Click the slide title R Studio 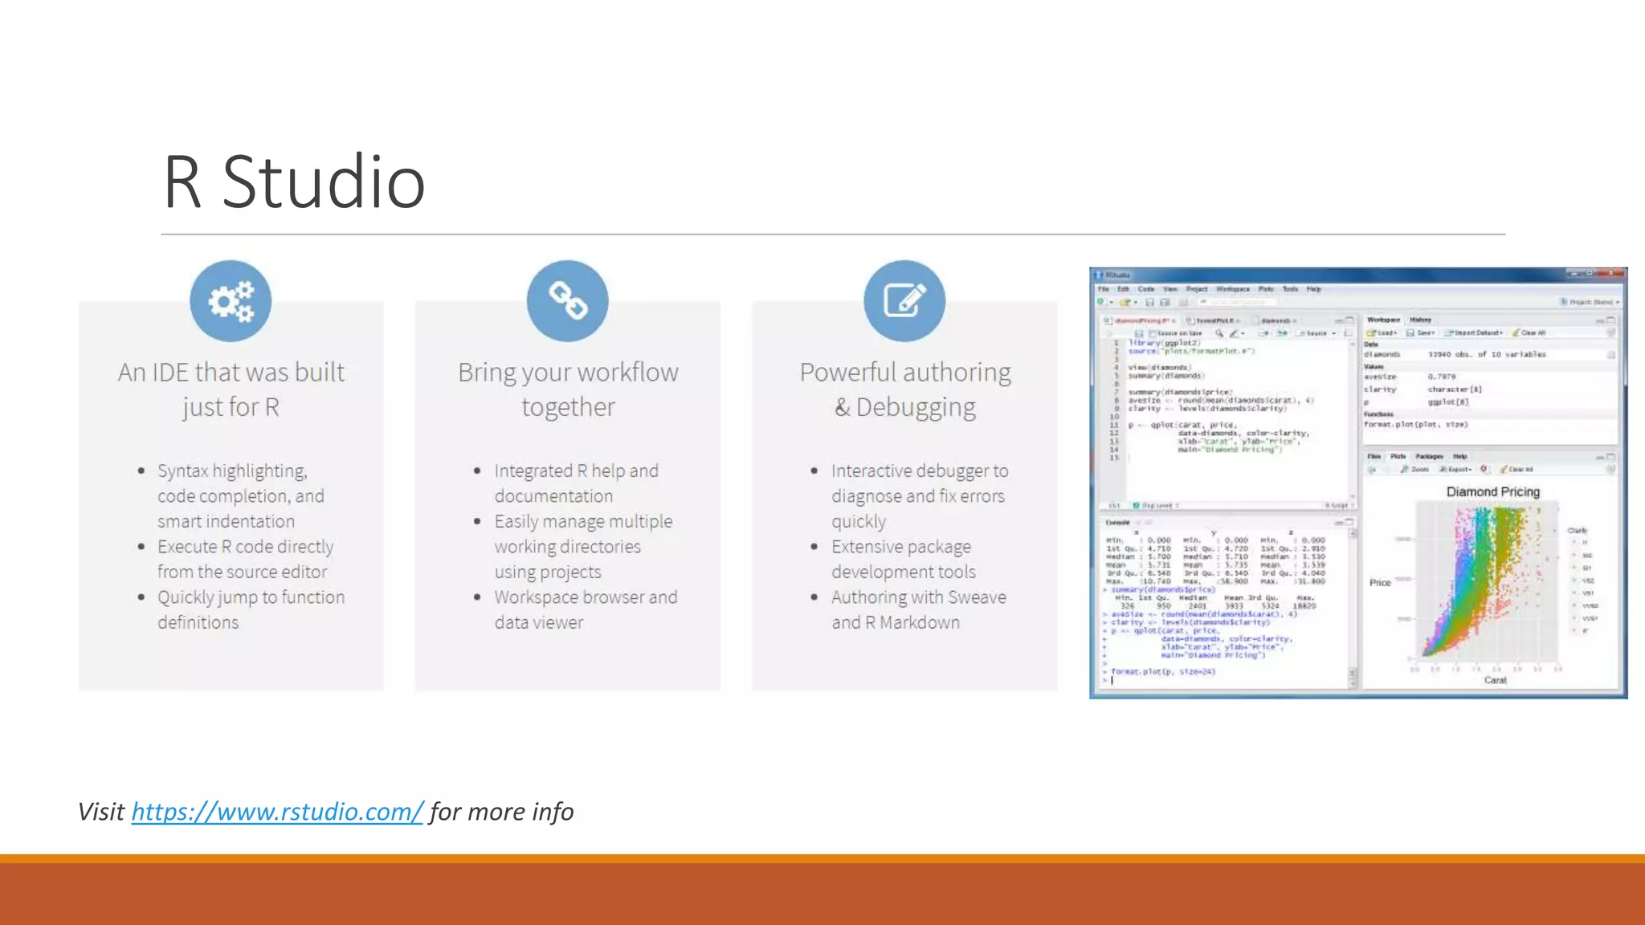(x=294, y=182)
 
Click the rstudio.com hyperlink (x=276, y=812)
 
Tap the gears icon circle (x=231, y=301)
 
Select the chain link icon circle (x=568, y=301)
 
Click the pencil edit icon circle (x=904, y=301)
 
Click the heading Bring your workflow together (x=568, y=389)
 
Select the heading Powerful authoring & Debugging (x=905, y=389)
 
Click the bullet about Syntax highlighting (x=240, y=495)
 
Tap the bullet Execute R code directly (x=244, y=559)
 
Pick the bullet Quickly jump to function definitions (x=250, y=609)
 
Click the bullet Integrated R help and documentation (x=575, y=483)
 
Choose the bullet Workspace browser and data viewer (x=585, y=609)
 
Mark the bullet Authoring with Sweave (x=917, y=609)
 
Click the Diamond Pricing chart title (x=1492, y=491)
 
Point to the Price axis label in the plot (x=1379, y=582)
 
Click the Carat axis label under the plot (x=1495, y=680)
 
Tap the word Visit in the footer (x=101, y=812)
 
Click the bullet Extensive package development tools (x=903, y=559)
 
